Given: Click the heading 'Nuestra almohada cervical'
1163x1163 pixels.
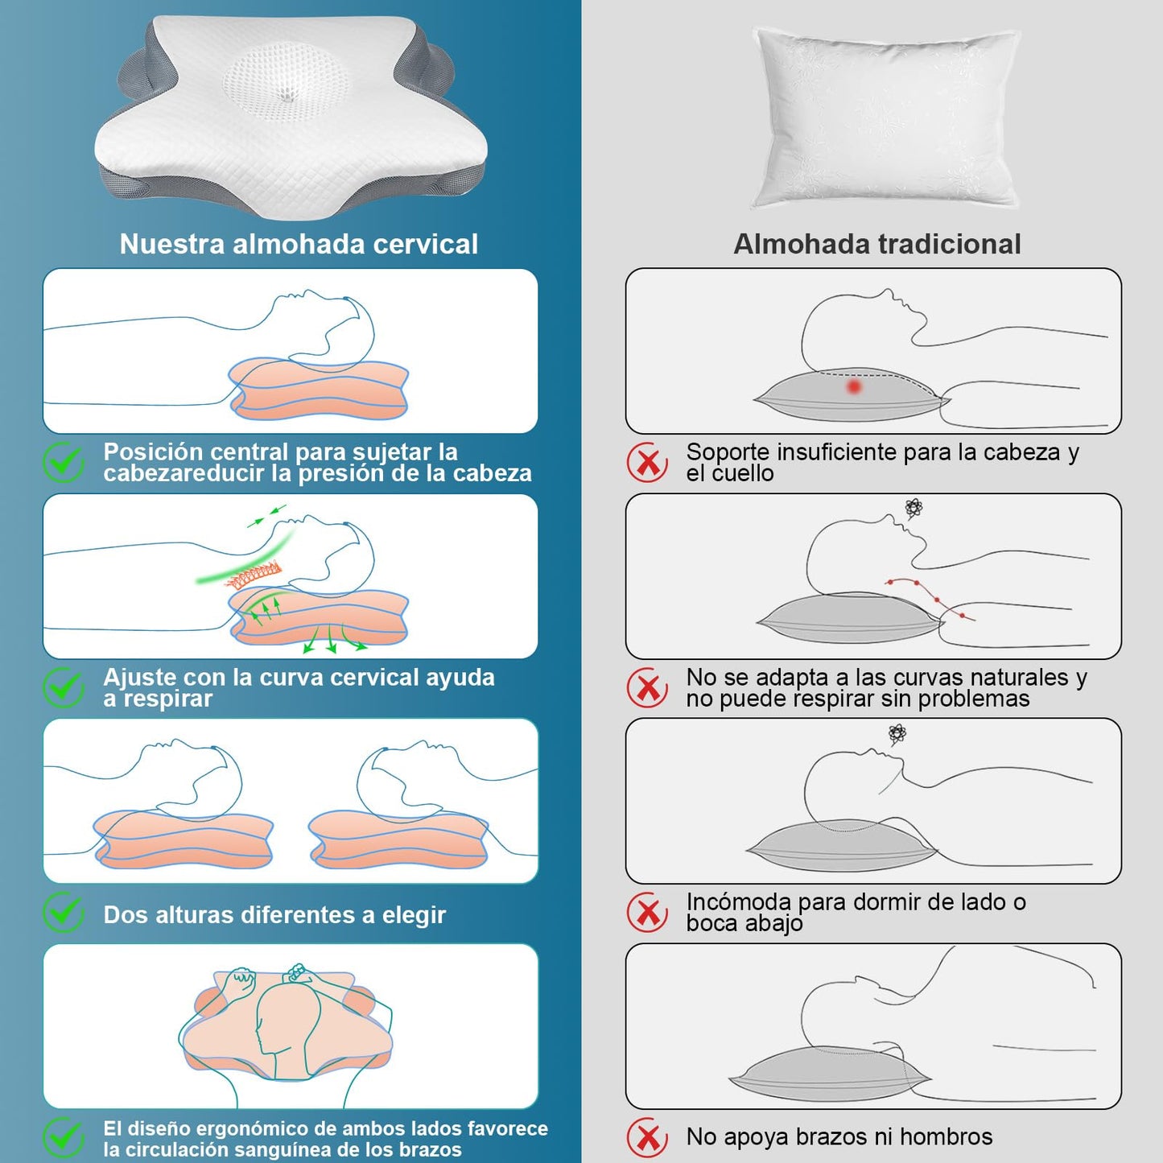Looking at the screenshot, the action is click(x=298, y=245).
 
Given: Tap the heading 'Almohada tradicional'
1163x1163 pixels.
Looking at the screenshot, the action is click(x=877, y=245).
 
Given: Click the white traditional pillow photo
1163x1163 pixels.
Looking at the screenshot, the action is click(x=886, y=118).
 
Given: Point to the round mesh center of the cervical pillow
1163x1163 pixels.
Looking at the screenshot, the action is click(x=286, y=85).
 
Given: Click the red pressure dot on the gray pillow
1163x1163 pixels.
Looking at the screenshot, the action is click(x=853, y=386).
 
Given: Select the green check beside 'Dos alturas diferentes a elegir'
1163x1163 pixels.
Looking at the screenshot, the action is click(x=64, y=913).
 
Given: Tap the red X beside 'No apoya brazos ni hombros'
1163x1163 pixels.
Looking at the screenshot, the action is click(x=648, y=1138).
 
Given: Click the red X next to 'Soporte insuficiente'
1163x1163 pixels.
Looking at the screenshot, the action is click(x=648, y=463).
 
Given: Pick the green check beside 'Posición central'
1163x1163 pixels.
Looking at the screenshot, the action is click(x=64, y=463).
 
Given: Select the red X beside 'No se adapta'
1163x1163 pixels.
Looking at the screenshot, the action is click(x=648, y=688).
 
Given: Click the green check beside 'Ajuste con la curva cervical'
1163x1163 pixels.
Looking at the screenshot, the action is click(x=64, y=688).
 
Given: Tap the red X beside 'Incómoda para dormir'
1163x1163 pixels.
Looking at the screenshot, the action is click(x=648, y=913).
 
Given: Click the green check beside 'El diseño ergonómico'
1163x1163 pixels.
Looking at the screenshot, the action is click(x=64, y=1138).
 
